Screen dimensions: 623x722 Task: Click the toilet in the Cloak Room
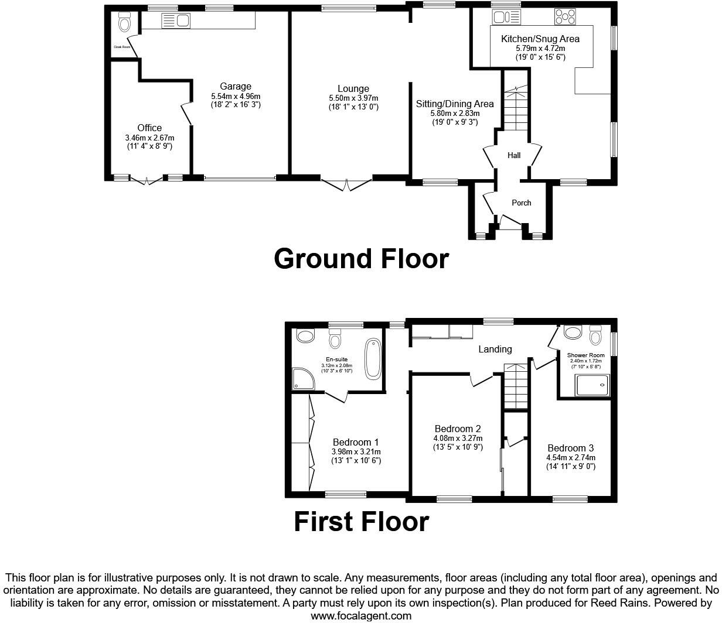tap(124, 22)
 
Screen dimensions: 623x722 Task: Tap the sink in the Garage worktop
tap(176, 21)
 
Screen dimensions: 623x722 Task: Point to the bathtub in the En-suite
tap(372, 358)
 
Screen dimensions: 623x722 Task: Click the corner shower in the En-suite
tap(303, 379)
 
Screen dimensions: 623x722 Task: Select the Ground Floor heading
tap(361, 258)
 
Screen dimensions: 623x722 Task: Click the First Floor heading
tap(361, 521)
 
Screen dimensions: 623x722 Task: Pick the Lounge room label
tap(353, 89)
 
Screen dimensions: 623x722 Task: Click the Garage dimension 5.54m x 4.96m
tap(236, 96)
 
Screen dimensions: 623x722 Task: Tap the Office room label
tap(149, 128)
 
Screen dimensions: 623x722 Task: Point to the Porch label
tap(521, 203)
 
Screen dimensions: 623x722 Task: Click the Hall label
tap(514, 155)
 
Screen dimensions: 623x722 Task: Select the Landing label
tap(495, 349)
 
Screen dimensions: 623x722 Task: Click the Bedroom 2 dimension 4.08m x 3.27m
tap(458, 438)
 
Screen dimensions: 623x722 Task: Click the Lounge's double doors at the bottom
tap(346, 184)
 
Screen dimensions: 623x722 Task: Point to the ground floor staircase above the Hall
tap(515, 108)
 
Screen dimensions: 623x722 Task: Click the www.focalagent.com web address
tap(360, 615)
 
